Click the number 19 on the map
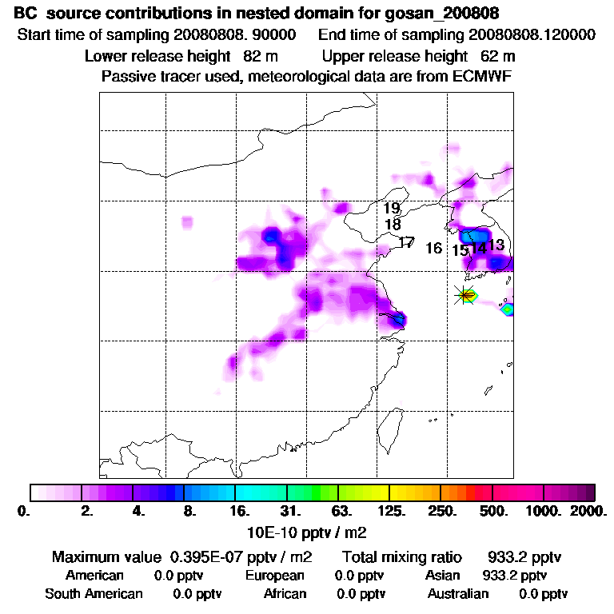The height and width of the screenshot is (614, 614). pyautogui.click(x=391, y=209)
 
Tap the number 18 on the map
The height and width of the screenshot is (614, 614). pyautogui.click(x=392, y=225)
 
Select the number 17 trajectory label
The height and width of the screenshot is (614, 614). pyautogui.click(x=406, y=242)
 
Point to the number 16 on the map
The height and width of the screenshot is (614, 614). pyautogui.click(x=433, y=249)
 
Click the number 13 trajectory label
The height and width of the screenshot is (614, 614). pyautogui.click(x=496, y=245)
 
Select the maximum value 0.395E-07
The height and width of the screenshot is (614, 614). pyautogui.click(x=206, y=557)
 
